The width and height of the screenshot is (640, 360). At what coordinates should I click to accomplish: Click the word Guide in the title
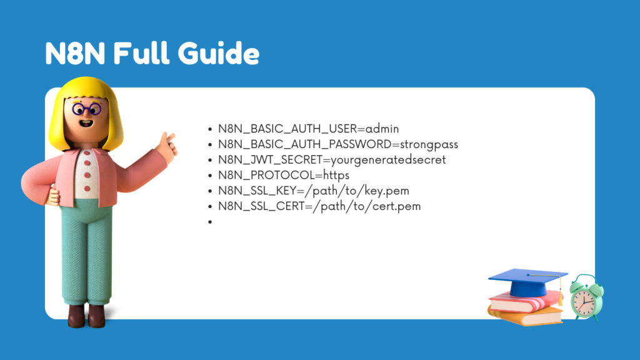218,54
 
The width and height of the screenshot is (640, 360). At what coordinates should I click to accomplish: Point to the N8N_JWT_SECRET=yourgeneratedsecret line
331,159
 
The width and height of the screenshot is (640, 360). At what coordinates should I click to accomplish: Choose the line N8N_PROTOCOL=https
283,175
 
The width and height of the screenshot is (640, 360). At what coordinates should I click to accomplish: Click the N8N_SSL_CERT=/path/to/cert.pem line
319,206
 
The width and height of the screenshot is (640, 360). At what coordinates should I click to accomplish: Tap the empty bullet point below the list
211,221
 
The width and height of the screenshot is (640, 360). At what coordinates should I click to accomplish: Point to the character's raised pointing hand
167,144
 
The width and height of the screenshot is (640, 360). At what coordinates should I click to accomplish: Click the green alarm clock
586,299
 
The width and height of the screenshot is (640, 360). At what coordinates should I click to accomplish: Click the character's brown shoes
86,315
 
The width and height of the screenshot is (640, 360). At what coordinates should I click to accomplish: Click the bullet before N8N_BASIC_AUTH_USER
211,129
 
